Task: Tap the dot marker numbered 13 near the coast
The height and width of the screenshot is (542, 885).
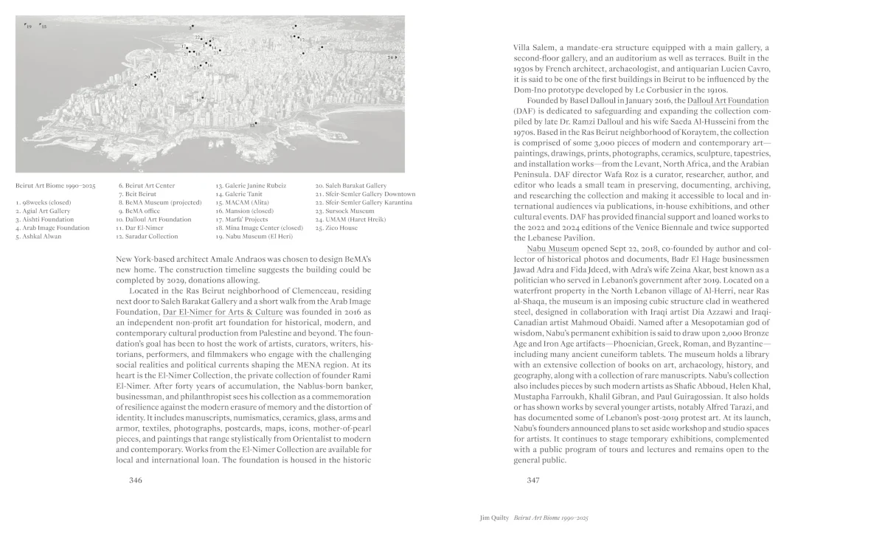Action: pos(256,123)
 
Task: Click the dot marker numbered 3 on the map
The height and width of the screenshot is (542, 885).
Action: pos(192,27)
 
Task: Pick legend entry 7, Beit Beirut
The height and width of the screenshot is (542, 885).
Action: pos(137,194)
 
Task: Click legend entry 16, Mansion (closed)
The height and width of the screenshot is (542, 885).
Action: pos(244,211)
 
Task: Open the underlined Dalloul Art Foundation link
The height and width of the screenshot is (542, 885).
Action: pos(727,100)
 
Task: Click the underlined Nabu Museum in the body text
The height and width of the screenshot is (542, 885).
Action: pos(552,249)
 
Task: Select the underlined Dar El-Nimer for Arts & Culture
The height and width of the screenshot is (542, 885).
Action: pos(222,313)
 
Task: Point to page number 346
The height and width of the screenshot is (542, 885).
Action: pos(135,480)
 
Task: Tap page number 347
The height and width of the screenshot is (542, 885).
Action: pos(533,480)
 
